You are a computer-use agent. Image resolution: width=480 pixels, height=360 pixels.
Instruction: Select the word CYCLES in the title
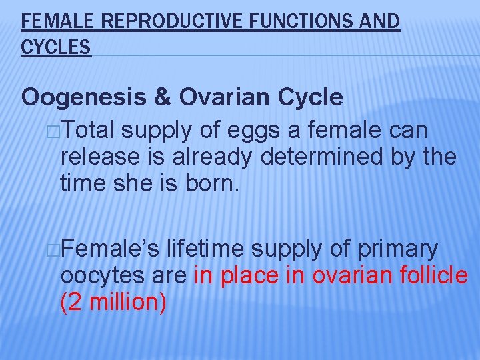click(x=56, y=47)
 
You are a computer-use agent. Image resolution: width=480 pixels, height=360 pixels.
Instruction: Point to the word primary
click(x=398, y=249)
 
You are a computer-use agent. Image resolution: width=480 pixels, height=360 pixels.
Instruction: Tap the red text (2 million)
click(x=113, y=301)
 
